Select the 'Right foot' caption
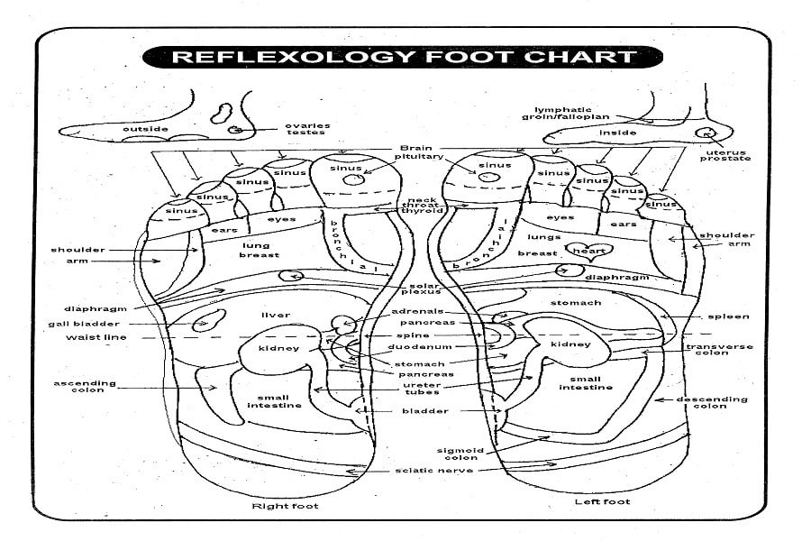click(285, 506)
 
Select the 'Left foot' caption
click(602, 501)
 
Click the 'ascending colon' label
click(85, 386)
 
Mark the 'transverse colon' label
click(719, 350)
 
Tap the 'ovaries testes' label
click(306, 130)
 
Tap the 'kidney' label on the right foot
click(278, 348)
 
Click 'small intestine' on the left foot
click(586, 382)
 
